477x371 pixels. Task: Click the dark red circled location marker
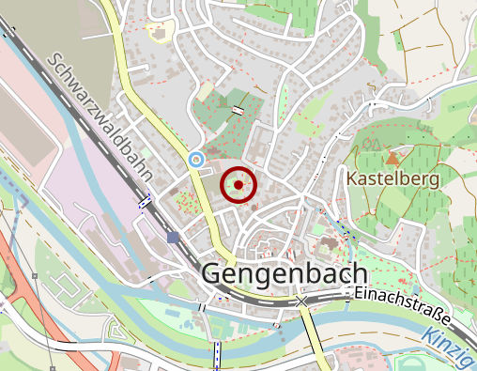tap(238, 185)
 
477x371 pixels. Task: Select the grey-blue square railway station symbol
tap(173, 238)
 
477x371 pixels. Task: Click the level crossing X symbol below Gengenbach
tap(300, 302)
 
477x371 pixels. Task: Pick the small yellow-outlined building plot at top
tap(161, 31)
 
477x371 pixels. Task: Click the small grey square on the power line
tap(34, 276)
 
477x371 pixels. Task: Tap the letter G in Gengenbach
tap(212, 274)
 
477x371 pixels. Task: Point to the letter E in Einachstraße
tap(360, 293)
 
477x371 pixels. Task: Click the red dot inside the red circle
tap(238, 185)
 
